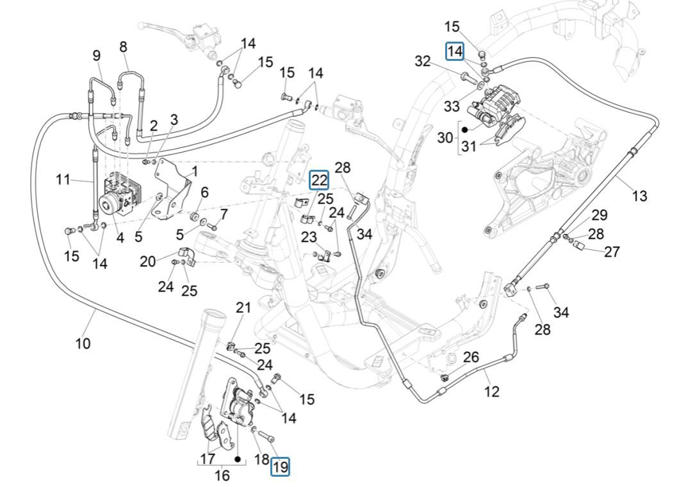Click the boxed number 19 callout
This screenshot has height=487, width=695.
tap(280, 467)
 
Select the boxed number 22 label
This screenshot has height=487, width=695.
tap(319, 181)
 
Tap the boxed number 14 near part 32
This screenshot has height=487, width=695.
tap(455, 51)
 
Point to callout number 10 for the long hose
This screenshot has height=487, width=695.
tap(83, 343)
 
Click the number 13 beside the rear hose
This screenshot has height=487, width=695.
tap(639, 196)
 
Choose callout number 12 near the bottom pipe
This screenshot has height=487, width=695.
tap(491, 391)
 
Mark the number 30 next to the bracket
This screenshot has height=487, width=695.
tap(445, 137)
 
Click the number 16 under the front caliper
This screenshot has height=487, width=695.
tap(221, 475)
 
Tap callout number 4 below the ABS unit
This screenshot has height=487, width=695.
tap(120, 236)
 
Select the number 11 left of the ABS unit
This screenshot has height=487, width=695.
tap(62, 179)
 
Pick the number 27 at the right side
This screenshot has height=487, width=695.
tap(612, 251)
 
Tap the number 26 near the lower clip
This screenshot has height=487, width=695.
tap(471, 357)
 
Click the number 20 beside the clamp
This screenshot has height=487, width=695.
tap(148, 261)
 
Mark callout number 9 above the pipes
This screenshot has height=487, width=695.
tap(97, 56)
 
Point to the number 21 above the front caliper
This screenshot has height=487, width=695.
tap(243, 308)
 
